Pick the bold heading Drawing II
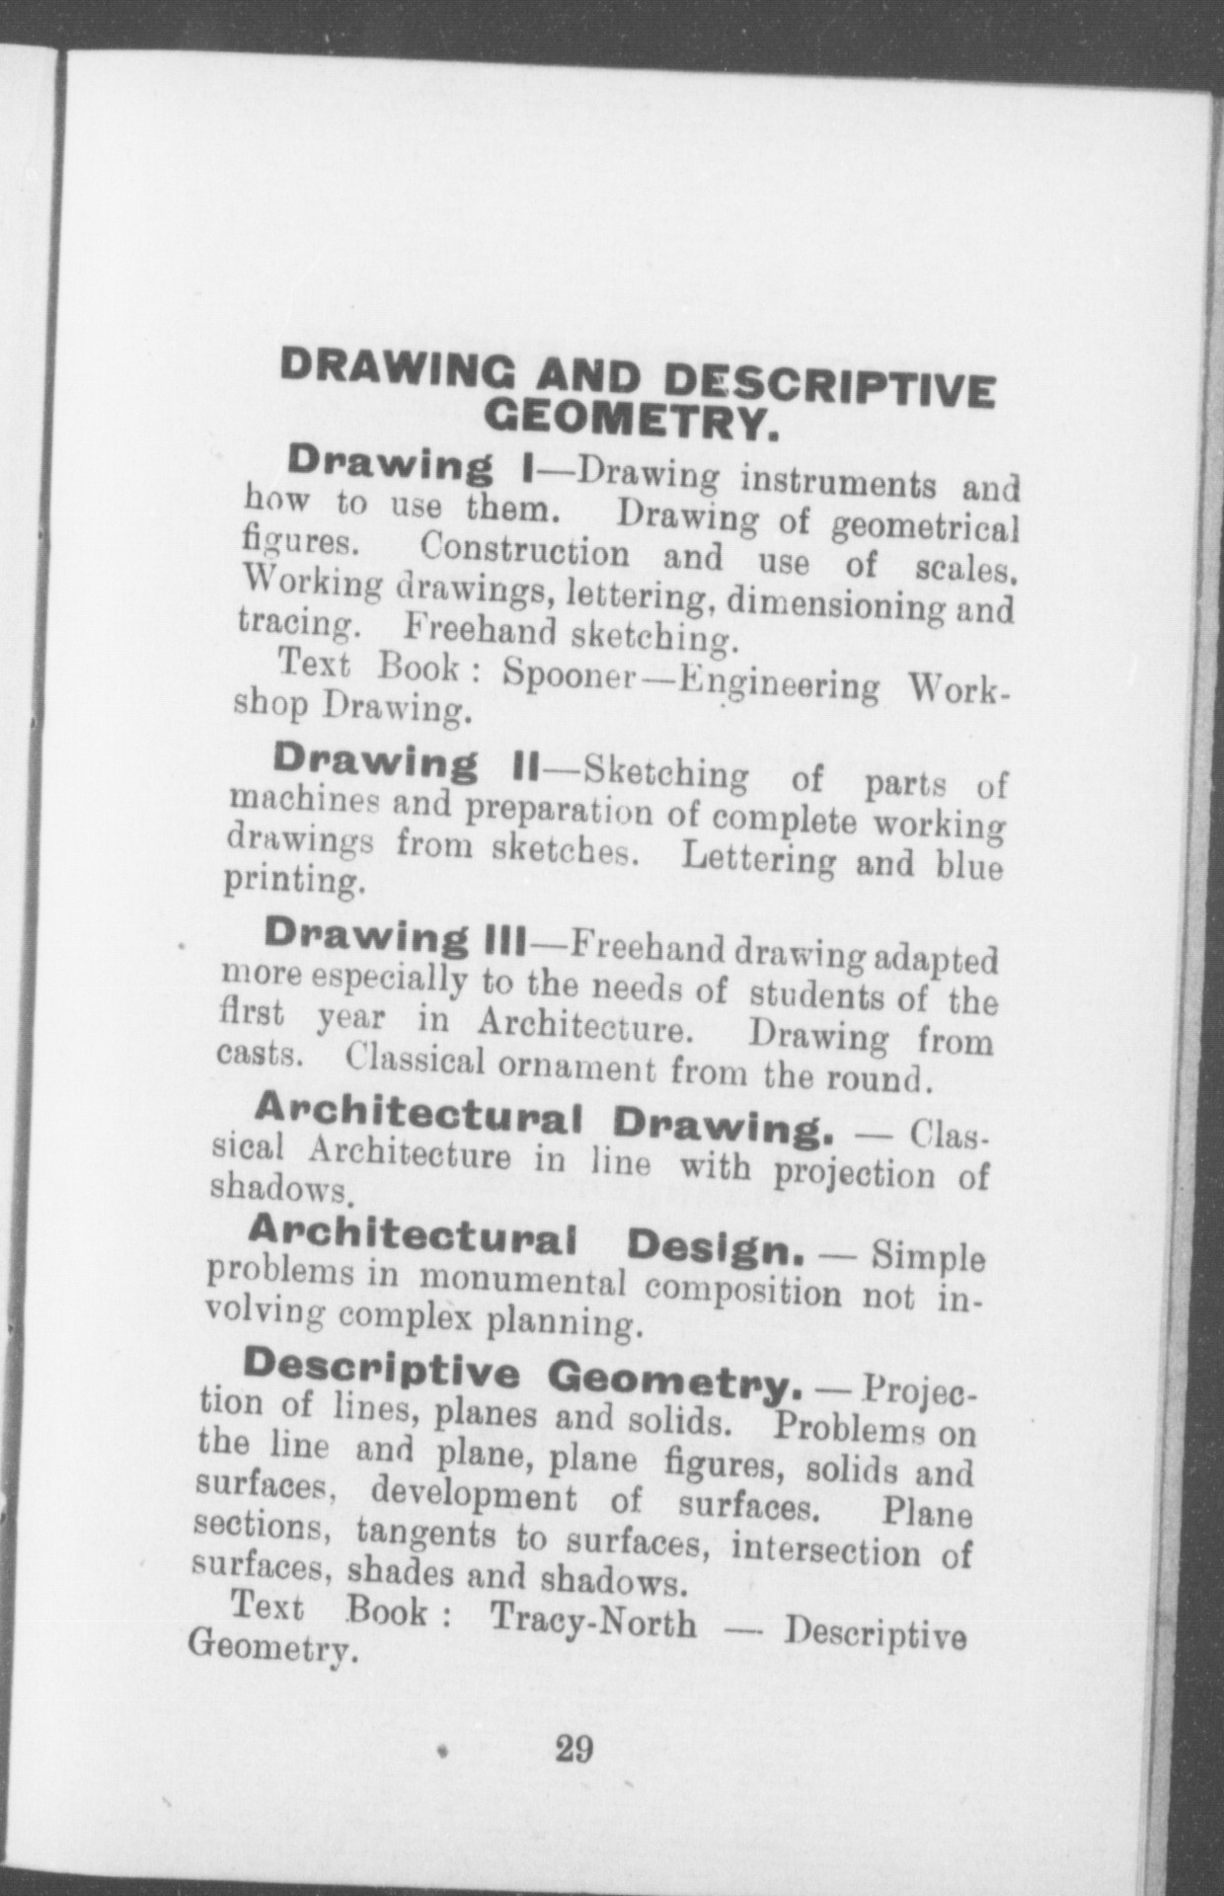click(x=405, y=763)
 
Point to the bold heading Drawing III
click(x=398, y=937)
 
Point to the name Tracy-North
click(x=592, y=1622)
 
